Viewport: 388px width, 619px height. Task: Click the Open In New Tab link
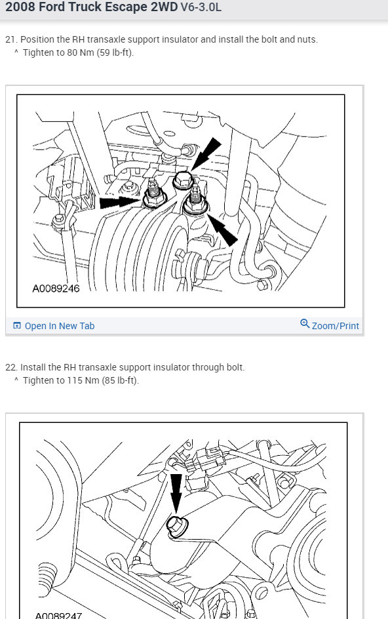(59, 326)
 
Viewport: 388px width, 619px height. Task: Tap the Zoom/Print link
(335, 326)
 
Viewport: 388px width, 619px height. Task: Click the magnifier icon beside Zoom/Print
(305, 324)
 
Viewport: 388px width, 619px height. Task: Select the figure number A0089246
(56, 289)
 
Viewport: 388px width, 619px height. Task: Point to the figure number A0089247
(58, 616)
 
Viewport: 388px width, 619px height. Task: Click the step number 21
(10, 39)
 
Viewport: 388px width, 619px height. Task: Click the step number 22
(10, 367)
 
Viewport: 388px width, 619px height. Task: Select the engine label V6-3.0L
(201, 7)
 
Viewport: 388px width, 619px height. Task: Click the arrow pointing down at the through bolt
(176, 494)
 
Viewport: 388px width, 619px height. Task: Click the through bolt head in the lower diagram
(174, 525)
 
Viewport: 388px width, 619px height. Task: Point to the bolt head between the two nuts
(182, 180)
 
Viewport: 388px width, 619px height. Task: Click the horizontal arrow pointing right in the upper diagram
(121, 202)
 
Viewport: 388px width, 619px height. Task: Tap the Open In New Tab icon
(17, 326)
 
